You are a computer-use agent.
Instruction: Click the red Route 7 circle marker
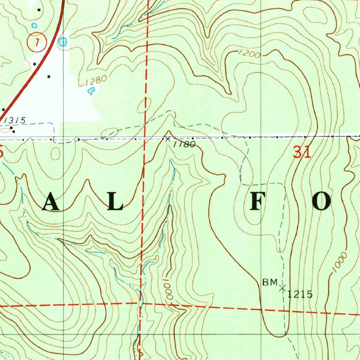(36, 42)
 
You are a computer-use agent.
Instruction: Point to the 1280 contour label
(96, 81)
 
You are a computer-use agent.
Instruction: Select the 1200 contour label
(249, 54)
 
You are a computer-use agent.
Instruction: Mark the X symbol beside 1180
(168, 138)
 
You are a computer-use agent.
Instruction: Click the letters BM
(270, 282)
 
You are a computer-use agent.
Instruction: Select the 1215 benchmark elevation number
(300, 295)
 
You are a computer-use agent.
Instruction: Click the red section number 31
(302, 153)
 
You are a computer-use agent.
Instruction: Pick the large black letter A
(51, 203)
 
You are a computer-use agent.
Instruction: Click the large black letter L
(115, 203)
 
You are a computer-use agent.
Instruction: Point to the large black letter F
(256, 202)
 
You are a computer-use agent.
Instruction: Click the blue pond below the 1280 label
(91, 91)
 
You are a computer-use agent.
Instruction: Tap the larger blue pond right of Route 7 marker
(63, 42)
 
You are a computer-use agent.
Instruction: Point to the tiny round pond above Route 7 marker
(34, 26)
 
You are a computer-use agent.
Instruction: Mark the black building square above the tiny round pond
(39, 10)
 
